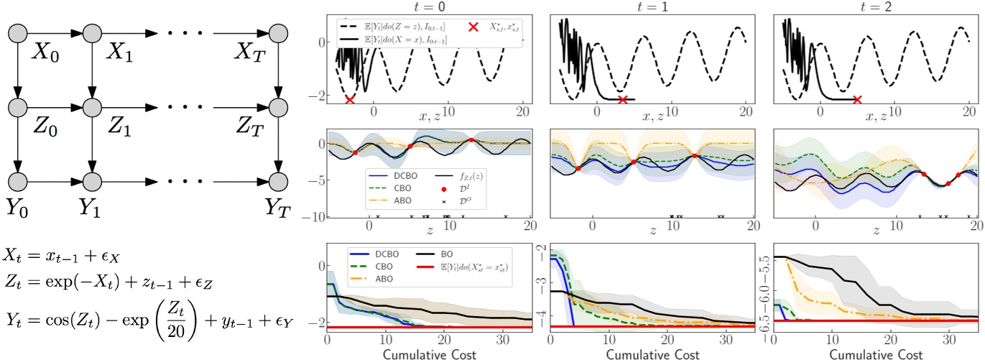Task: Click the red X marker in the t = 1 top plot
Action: tap(623, 99)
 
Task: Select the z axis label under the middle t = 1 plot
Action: tap(652, 231)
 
